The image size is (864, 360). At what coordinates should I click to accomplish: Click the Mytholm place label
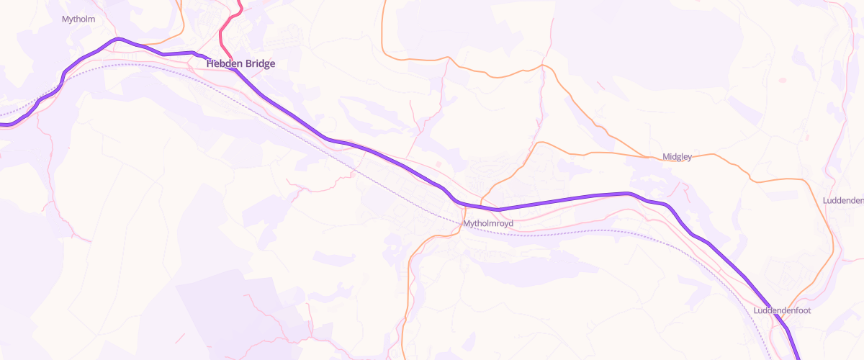coord(79,19)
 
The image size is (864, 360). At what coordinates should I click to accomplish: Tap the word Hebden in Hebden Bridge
coord(223,63)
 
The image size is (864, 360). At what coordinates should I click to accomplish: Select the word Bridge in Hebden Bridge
coord(259,63)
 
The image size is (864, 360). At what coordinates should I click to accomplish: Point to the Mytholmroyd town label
coord(488,224)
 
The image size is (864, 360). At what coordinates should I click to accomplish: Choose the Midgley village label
coord(677,157)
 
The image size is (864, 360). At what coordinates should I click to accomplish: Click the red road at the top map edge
coord(241,2)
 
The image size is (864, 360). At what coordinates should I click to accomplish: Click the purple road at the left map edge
coord(2,125)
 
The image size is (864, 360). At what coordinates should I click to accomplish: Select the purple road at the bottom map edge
coord(799,358)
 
